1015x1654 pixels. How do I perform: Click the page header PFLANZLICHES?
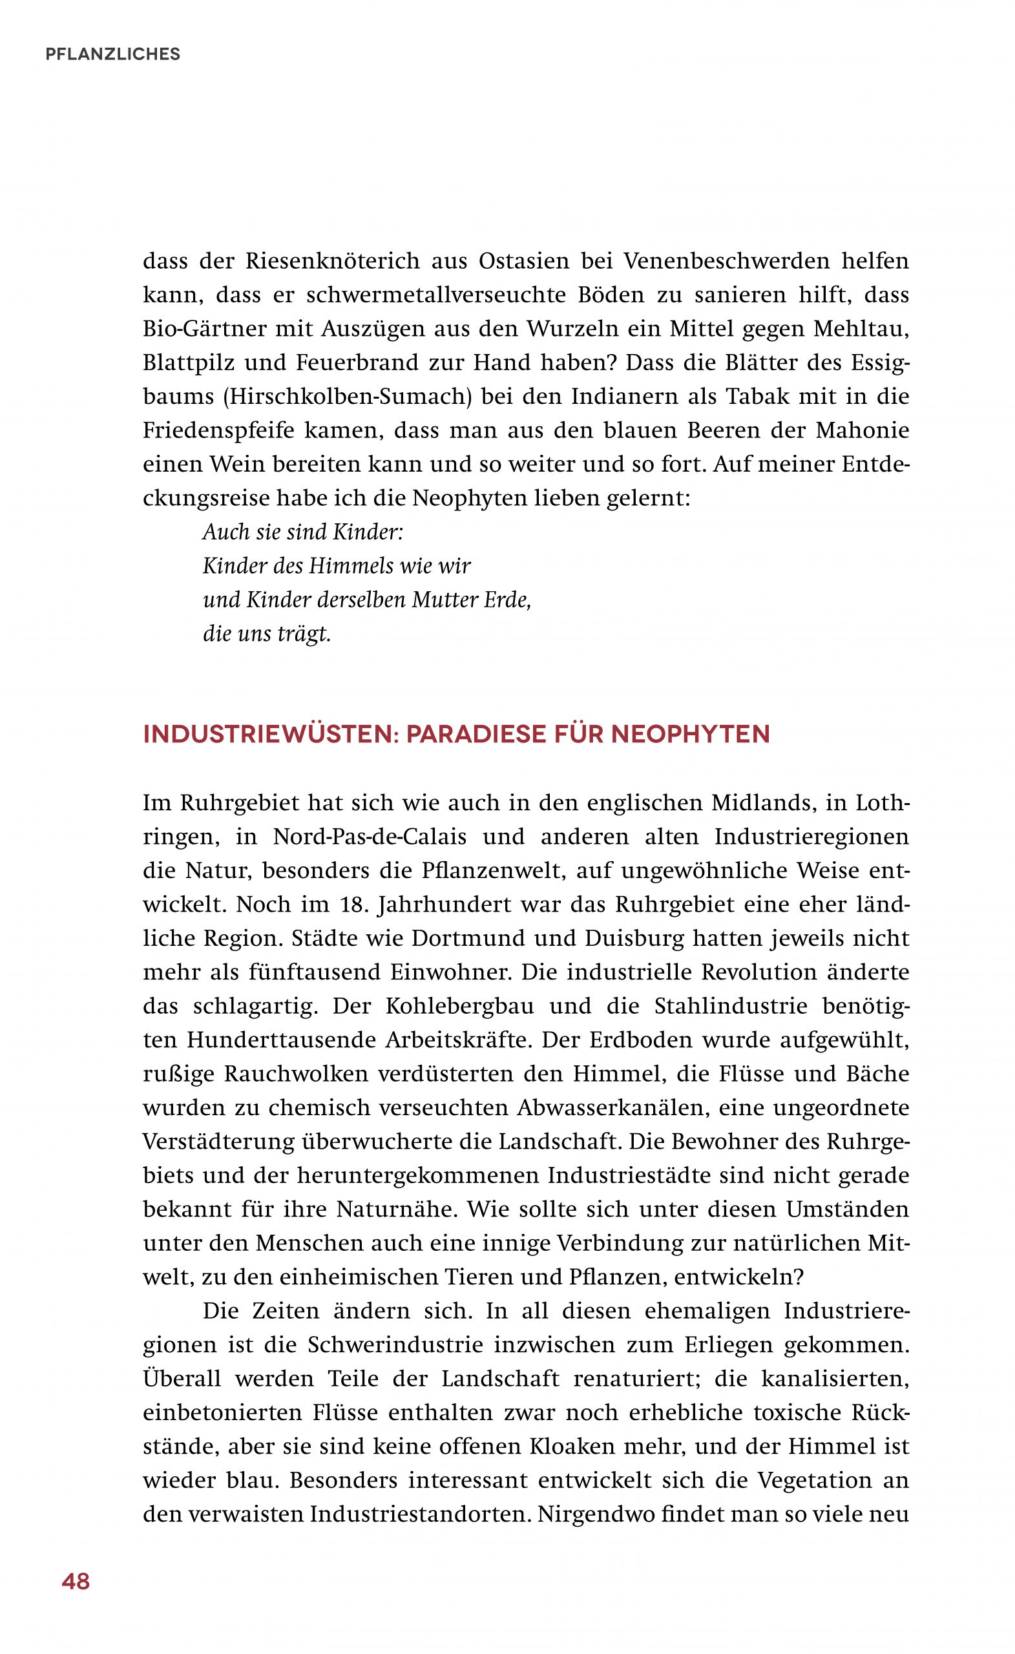[113, 54]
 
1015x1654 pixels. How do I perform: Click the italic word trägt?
[308, 634]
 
